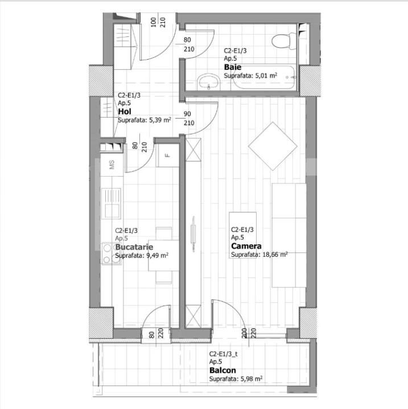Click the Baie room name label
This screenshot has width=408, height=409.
coord(229,66)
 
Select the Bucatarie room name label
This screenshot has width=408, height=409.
coord(133,248)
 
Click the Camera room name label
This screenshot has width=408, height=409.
coord(246,247)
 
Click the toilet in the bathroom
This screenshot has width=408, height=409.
coord(282,40)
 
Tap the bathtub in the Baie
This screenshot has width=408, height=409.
coord(256,80)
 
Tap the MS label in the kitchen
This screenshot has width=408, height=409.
coord(112,165)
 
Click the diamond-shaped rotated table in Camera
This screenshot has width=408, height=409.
coord(273,145)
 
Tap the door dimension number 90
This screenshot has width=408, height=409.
coord(188,114)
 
